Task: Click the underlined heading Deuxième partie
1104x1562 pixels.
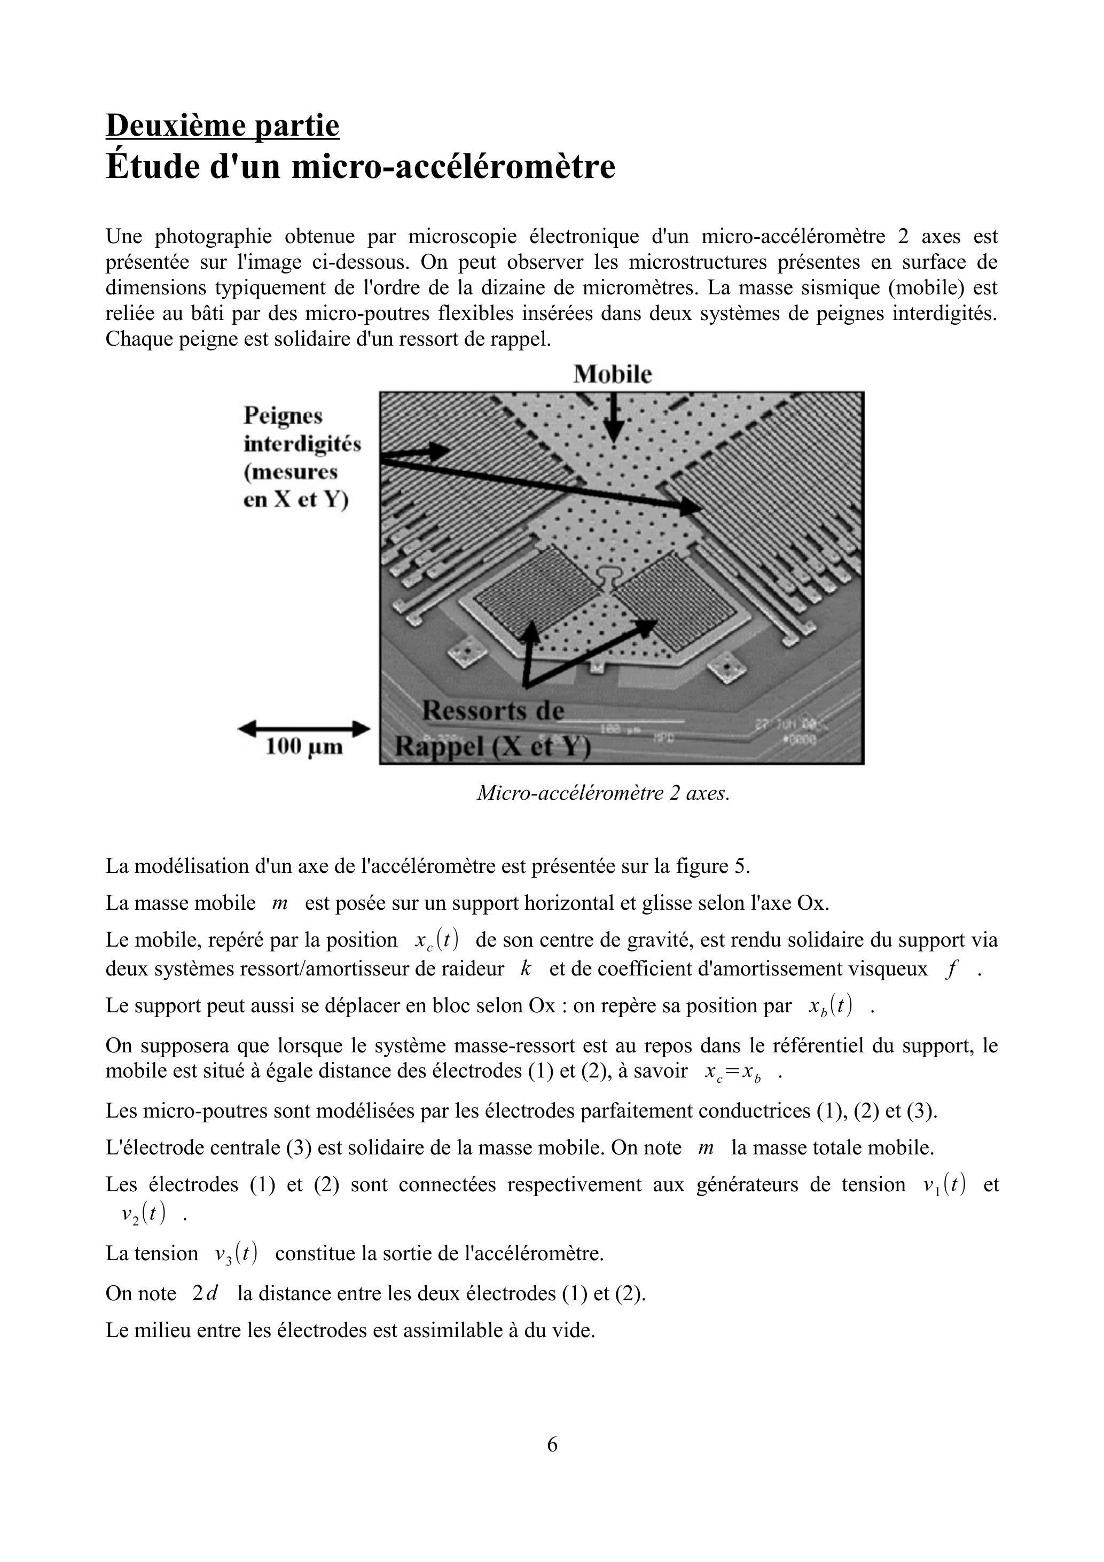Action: (222, 126)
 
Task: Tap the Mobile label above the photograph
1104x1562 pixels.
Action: (612, 374)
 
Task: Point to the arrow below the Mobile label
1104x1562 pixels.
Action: (614, 418)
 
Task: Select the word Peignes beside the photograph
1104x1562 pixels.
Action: (283, 416)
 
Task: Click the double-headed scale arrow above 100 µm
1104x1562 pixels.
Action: (303, 729)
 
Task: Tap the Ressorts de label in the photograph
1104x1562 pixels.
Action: (493, 711)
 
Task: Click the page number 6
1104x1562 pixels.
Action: (552, 1443)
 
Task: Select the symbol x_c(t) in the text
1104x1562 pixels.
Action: (436, 940)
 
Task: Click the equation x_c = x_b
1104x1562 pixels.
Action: (733, 1072)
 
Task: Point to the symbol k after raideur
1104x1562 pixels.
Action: (524, 969)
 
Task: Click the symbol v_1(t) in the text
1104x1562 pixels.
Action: (944, 1184)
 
